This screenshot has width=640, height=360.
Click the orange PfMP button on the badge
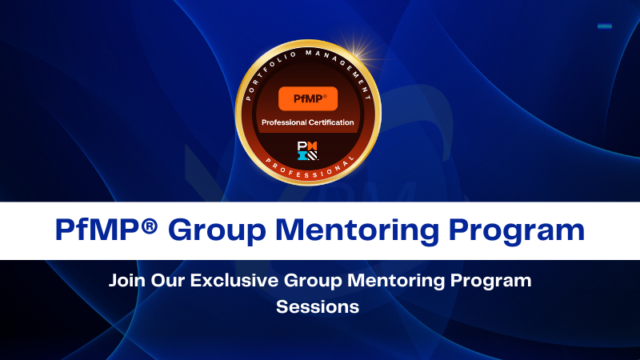pyautogui.click(x=307, y=98)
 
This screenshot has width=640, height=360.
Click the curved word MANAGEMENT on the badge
pyautogui.click(x=345, y=64)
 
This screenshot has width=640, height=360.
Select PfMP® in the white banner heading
pyautogui.click(x=101, y=230)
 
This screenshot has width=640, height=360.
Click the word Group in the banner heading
pyautogui.click(x=215, y=230)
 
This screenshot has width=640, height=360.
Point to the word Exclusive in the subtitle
pyautogui.click(x=230, y=282)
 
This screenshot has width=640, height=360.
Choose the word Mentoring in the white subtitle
pyautogui.click(x=383, y=282)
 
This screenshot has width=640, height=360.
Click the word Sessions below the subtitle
pyautogui.click(x=318, y=306)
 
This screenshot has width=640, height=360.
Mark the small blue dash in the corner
pyautogui.click(x=605, y=26)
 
